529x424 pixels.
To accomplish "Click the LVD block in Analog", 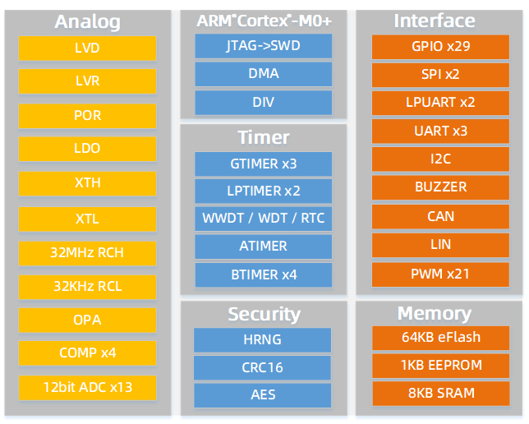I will (87, 48).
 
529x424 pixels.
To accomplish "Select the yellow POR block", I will (87, 115).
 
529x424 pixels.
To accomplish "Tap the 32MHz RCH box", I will (87, 252).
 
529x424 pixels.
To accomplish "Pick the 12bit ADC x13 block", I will (87, 386).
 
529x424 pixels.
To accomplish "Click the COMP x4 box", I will (87, 353).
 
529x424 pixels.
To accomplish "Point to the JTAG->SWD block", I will (264, 46).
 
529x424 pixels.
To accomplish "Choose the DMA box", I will (264, 74).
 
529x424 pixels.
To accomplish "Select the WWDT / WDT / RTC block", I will (264, 219).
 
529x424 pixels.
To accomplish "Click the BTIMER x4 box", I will (264, 274).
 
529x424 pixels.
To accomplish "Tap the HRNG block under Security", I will (264, 339).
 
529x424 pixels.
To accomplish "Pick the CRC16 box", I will (264, 366).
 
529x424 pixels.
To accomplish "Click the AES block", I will (264, 394).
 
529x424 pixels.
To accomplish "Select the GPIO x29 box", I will (440, 46).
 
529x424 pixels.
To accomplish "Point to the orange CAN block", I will (440, 216).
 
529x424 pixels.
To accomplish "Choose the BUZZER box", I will (440, 187).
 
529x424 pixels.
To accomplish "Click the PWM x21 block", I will (440, 273).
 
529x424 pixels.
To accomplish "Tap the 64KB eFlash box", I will (440, 337).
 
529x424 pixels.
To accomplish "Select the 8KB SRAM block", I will (440, 392).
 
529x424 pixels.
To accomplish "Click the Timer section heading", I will (264, 137).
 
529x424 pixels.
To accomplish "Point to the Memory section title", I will (434, 313).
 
